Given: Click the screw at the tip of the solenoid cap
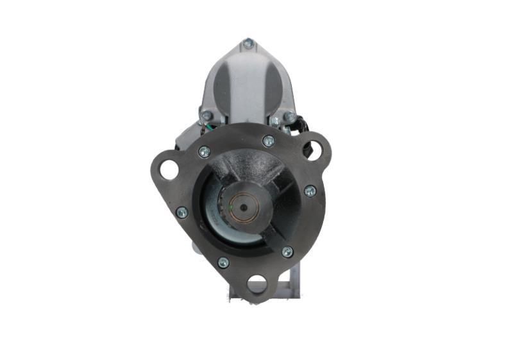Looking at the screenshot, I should pos(248,44).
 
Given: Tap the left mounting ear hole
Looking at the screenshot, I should pos(169,169).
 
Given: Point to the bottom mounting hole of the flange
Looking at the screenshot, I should pos(256,283).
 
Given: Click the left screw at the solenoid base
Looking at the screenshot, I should pos(206,116).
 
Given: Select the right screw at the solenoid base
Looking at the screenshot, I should pos(290,117).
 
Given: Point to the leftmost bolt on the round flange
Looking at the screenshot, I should pos(181,212).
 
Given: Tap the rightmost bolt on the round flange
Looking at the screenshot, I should pos(310,191).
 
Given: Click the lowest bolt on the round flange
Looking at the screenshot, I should pos(223,262).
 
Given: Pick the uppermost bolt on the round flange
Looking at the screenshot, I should pos(268,141).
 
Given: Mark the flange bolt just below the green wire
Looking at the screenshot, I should pos(204,152).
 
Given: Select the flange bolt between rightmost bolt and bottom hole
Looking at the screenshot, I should pos(287,252).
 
